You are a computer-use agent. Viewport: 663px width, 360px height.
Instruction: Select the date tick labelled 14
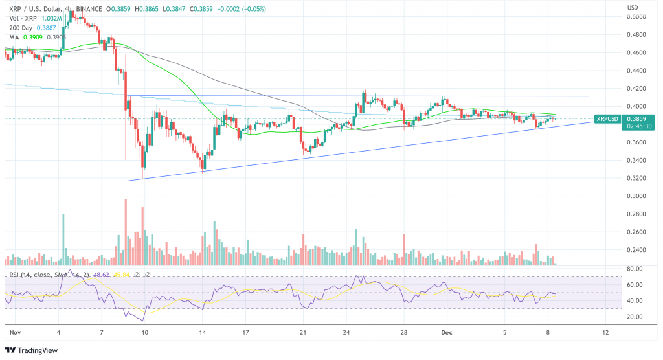coord(203,332)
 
